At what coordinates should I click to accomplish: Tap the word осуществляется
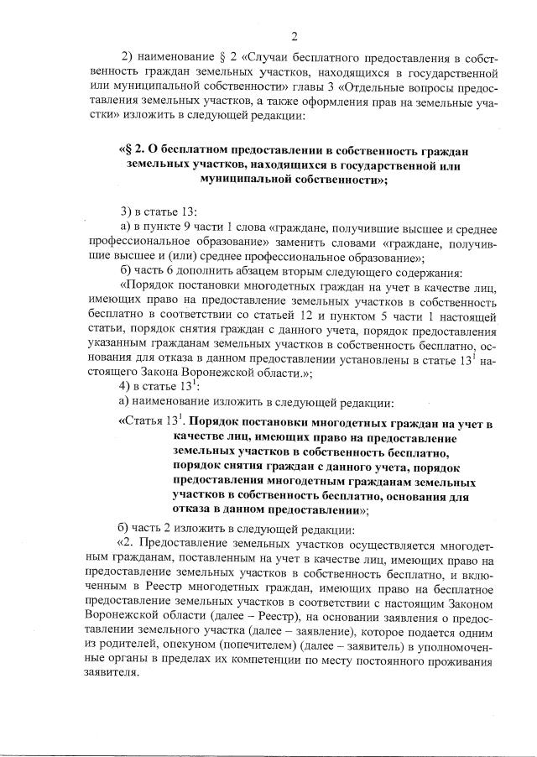(x=400, y=543)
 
